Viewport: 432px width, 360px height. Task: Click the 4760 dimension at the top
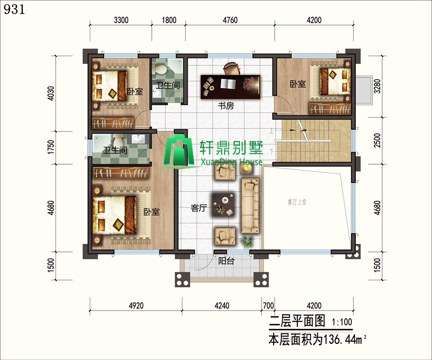click(x=230, y=20)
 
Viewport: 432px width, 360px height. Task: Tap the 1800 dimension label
click(x=169, y=20)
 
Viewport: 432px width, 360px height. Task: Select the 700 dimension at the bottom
click(x=268, y=306)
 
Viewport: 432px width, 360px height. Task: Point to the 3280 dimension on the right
click(x=377, y=86)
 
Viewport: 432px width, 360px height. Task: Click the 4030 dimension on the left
click(x=51, y=94)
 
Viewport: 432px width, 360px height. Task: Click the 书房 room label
click(x=226, y=106)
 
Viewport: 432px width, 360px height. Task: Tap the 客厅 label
click(x=199, y=208)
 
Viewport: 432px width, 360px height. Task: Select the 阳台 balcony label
click(x=226, y=261)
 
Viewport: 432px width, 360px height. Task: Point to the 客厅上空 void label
click(x=297, y=202)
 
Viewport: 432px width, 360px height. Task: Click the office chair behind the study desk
click(x=231, y=68)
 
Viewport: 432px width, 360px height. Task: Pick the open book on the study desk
click(x=228, y=84)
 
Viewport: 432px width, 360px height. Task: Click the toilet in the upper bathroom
click(x=159, y=68)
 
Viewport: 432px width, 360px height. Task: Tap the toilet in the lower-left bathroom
click(x=118, y=139)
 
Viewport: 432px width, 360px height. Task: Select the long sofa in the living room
click(x=250, y=206)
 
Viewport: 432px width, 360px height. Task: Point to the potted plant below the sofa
click(x=247, y=241)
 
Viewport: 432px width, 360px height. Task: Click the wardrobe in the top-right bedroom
click(x=330, y=109)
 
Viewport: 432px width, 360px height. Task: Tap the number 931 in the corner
click(x=14, y=10)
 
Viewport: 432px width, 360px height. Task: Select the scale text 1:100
click(x=342, y=322)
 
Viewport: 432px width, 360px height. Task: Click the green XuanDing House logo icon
click(x=179, y=151)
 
